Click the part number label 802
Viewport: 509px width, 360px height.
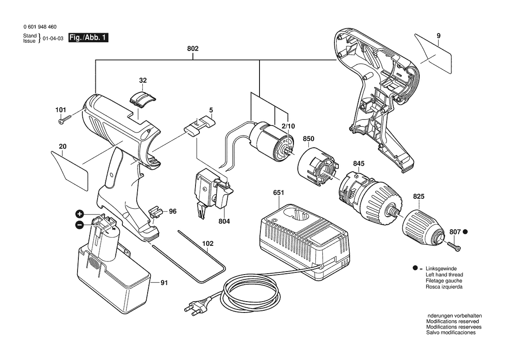[192, 49]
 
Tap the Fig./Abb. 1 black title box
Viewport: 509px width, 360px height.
[88, 37]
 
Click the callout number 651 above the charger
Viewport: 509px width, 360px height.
[279, 193]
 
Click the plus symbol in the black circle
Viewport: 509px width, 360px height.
[80, 214]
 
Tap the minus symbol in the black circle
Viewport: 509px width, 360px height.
[79, 225]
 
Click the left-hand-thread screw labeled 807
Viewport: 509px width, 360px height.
[454, 247]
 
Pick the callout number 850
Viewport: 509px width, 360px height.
[308, 139]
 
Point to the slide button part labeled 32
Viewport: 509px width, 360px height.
[142, 98]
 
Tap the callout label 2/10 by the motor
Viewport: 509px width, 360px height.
[288, 126]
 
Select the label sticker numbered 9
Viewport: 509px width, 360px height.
[434, 54]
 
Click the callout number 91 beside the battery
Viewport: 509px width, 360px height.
[164, 283]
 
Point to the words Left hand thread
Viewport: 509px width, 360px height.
[445, 275]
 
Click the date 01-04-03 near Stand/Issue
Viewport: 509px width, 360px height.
[53, 38]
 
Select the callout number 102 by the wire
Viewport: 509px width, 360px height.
[208, 243]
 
